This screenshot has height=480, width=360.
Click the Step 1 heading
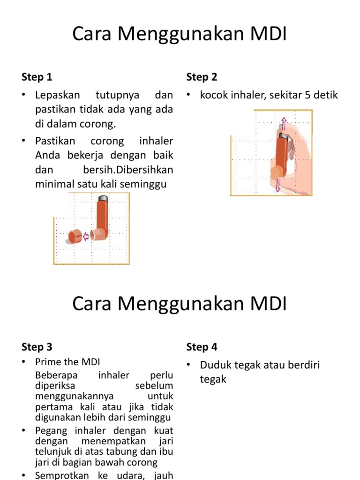37,77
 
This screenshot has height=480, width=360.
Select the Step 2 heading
202,77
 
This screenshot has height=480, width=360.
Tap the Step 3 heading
37,347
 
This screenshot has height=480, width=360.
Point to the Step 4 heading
202,347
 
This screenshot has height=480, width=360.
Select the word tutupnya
117,96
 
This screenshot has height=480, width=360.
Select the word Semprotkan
64,475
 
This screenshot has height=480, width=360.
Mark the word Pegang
51,430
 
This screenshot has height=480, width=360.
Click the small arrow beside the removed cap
86,237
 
